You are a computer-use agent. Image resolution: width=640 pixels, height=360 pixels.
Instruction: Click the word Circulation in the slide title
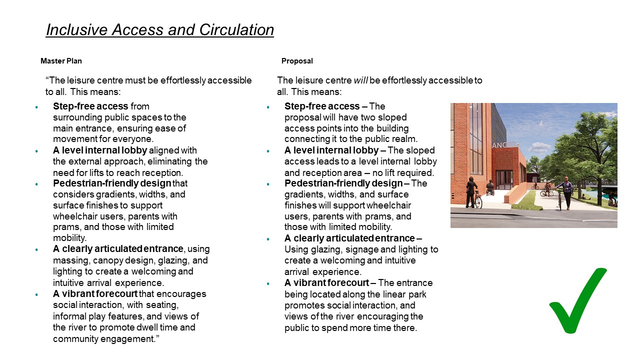[x=236, y=30]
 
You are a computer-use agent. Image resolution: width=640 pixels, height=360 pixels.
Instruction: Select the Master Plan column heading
[x=61, y=61]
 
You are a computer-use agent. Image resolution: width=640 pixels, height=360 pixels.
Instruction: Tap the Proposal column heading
[x=297, y=61]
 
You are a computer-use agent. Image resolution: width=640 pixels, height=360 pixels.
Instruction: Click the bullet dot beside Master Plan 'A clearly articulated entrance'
[x=36, y=249]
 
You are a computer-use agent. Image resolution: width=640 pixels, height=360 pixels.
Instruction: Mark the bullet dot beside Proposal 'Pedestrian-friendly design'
[x=268, y=183]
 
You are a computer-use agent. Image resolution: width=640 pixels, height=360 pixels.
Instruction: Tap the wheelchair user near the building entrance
[x=489, y=189]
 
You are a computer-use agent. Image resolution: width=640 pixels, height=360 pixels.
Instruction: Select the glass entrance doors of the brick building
[x=503, y=179]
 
